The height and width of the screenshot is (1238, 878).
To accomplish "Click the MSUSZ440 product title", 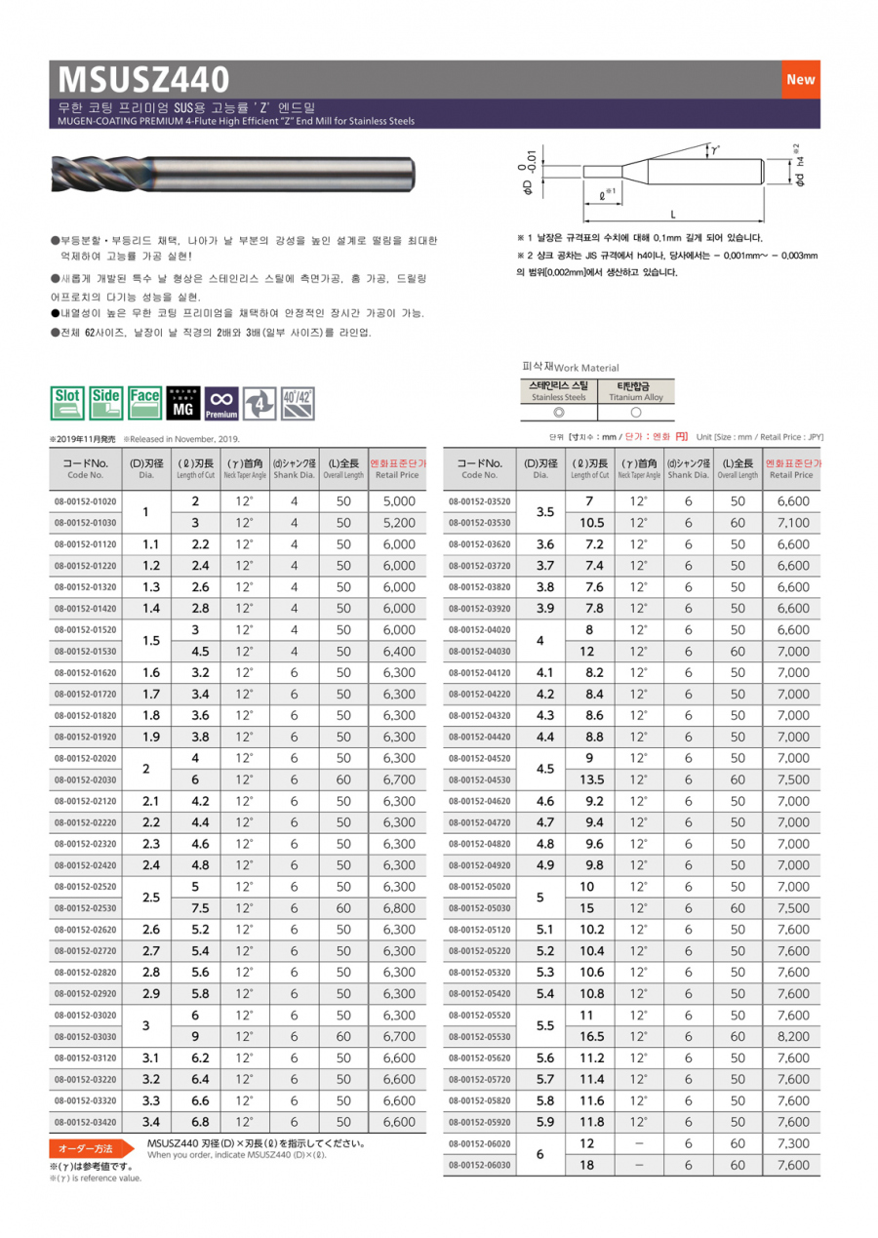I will pyautogui.click(x=144, y=78).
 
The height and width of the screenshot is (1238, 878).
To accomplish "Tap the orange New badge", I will pyautogui.click(x=800, y=80).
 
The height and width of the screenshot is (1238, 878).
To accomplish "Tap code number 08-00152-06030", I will pyautogui.click(x=479, y=1165).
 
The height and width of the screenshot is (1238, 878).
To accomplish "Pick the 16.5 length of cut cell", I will pyautogui.click(x=592, y=1036).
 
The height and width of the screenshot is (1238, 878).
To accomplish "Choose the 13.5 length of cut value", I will pyautogui.click(x=592, y=779).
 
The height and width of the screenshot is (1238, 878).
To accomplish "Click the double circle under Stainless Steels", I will pyautogui.click(x=559, y=413).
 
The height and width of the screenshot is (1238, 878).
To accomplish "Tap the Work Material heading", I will pyautogui.click(x=572, y=367).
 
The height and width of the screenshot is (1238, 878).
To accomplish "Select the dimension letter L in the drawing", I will pyautogui.click(x=673, y=213).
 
